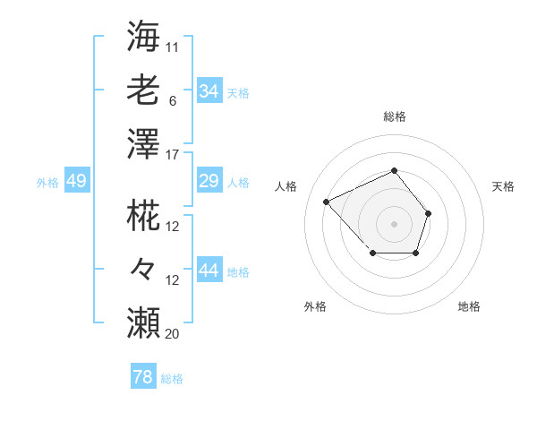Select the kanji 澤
pyautogui.click(x=144, y=143)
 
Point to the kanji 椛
pyautogui.click(x=144, y=215)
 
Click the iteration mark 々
pyautogui.click(x=144, y=269)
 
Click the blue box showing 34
pyautogui.click(x=209, y=91)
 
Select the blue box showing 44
pyautogui.click(x=209, y=271)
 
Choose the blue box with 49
pyautogui.click(x=76, y=182)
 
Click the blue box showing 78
pyautogui.click(x=142, y=377)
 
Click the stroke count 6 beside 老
pyautogui.click(x=172, y=101)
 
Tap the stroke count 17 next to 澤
pyautogui.click(x=173, y=155)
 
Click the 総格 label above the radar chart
pyautogui.click(x=394, y=116)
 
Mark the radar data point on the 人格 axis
pyautogui.click(x=327, y=202)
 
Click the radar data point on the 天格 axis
pyautogui.click(x=429, y=213)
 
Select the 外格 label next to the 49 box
pyautogui.click(x=47, y=183)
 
